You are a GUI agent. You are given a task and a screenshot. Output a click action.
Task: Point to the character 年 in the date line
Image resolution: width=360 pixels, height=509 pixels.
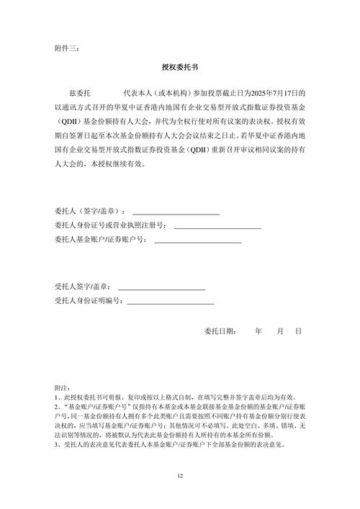(258, 331)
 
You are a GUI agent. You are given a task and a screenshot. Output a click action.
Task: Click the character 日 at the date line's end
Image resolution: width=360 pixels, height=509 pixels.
(297, 331)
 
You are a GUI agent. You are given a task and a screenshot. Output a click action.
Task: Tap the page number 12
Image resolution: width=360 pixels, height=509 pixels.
(180, 477)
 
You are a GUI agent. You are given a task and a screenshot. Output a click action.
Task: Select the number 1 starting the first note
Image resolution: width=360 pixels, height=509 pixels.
(56, 397)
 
